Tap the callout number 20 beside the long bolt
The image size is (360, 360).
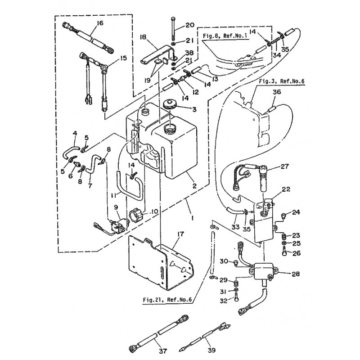click(x=189, y=25)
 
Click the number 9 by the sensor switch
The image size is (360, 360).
click(x=116, y=207)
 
